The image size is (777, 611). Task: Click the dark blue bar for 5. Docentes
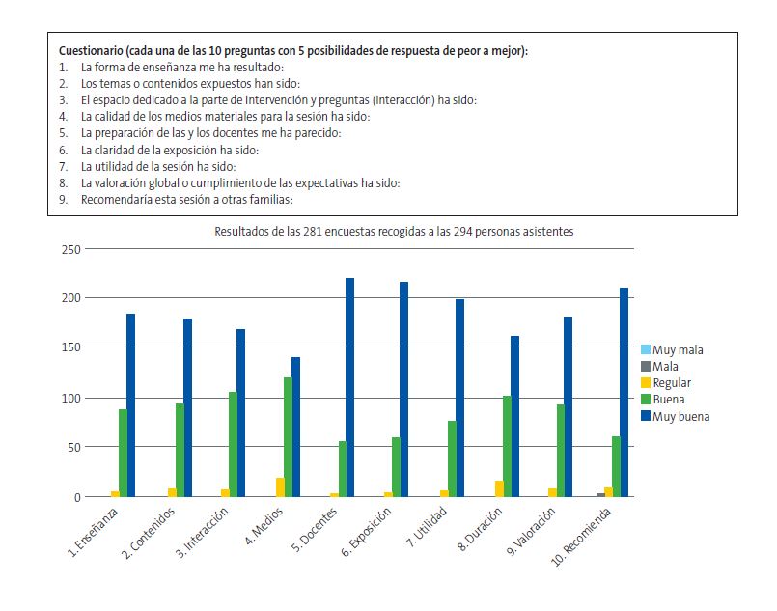point(349,387)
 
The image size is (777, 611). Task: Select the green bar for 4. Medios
point(288,436)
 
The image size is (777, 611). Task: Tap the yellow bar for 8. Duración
point(499,488)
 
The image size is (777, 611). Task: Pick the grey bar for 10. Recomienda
point(600,494)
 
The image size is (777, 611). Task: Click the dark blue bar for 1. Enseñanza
point(130,404)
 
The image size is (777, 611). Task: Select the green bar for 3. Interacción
point(233,444)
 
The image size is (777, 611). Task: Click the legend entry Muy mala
point(677,349)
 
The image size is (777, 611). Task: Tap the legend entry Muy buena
point(680,417)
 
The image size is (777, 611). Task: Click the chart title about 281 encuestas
point(394,232)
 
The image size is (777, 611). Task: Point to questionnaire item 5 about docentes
point(210,132)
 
